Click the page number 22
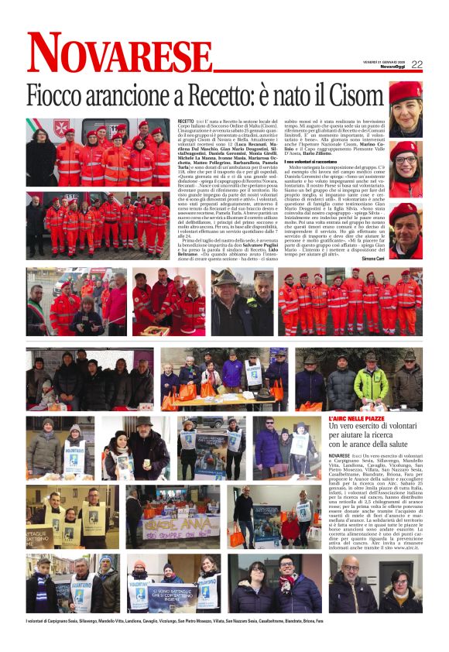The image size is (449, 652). pos(416,64)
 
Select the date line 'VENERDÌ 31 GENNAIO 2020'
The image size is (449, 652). pos(385,61)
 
